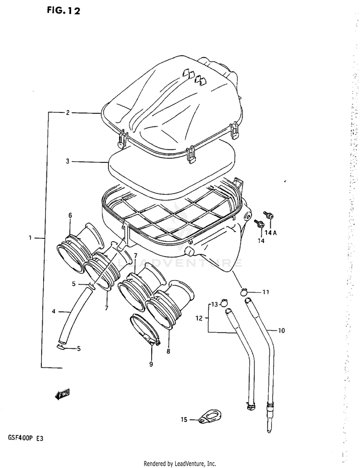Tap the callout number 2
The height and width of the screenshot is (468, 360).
tap(68, 113)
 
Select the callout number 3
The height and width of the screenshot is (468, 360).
tap(68, 161)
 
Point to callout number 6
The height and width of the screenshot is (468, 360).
tap(70, 215)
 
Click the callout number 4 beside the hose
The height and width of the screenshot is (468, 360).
tap(54, 312)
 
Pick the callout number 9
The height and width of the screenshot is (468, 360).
tap(151, 364)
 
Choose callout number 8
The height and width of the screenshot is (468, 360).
tap(168, 351)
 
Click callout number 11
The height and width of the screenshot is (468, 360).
tap(265, 292)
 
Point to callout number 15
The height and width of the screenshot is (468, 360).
tap(183, 419)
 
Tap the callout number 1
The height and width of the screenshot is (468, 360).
tap(30, 237)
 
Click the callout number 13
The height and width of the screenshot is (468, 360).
tap(215, 304)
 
